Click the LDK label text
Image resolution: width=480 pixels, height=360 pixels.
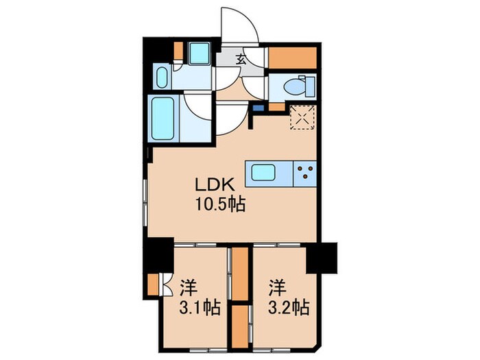coord(217,186)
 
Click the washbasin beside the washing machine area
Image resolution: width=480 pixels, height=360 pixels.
coord(163,77)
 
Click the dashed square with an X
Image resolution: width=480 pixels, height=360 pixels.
coord(302,116)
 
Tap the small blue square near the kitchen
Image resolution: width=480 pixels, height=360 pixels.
coord(258,108)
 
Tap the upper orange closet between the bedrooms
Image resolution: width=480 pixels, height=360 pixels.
coord(240,273)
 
